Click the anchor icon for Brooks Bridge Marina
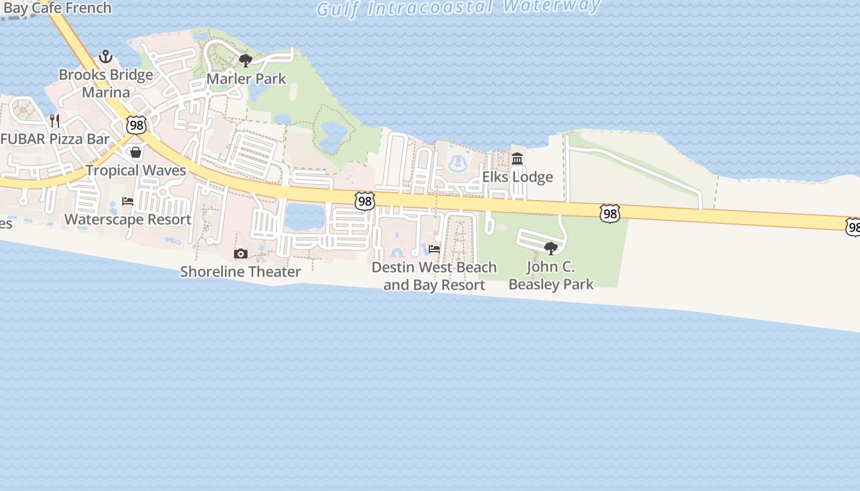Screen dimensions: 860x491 (x=106, y=56)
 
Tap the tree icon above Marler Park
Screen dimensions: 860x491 (x=246, y=61)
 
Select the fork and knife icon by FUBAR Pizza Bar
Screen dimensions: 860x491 (x=55, y=120)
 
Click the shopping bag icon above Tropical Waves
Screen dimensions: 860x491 (x=136, y=152)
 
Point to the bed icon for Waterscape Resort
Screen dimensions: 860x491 (x=128, y=201)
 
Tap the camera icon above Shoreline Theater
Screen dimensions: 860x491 (x=241, y=253)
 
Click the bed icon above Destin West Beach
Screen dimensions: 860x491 (x=434, y=249)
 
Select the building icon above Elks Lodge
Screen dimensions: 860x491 (x=517, y=159)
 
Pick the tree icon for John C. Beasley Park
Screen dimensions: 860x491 (x=551, y=249)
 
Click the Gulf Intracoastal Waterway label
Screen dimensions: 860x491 (x=458, y=8)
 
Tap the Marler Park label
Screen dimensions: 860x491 (x=246, y=79)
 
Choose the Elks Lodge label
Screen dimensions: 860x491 (x=517, y=177)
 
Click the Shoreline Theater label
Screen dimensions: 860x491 (x=240, y=272)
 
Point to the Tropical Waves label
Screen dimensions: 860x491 (x=136, y=171)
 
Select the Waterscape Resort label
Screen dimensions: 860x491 (x=128, y=220)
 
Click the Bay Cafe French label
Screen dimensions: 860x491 (x=57, y=9)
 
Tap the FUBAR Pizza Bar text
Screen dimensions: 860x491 (x=55, y=139)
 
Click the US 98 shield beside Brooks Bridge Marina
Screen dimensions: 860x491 (x=136, y=125)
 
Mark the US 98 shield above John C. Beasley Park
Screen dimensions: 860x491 (x=609, y=214)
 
